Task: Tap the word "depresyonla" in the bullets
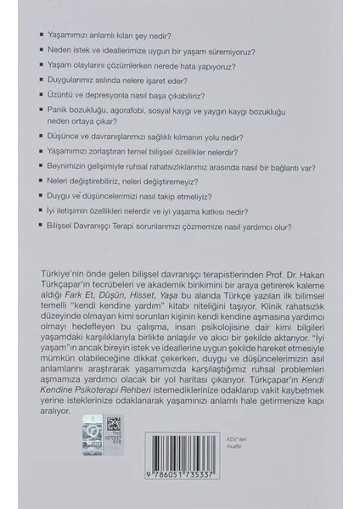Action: (x=117, y=96)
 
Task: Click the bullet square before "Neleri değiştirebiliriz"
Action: (x=43, y=182)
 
